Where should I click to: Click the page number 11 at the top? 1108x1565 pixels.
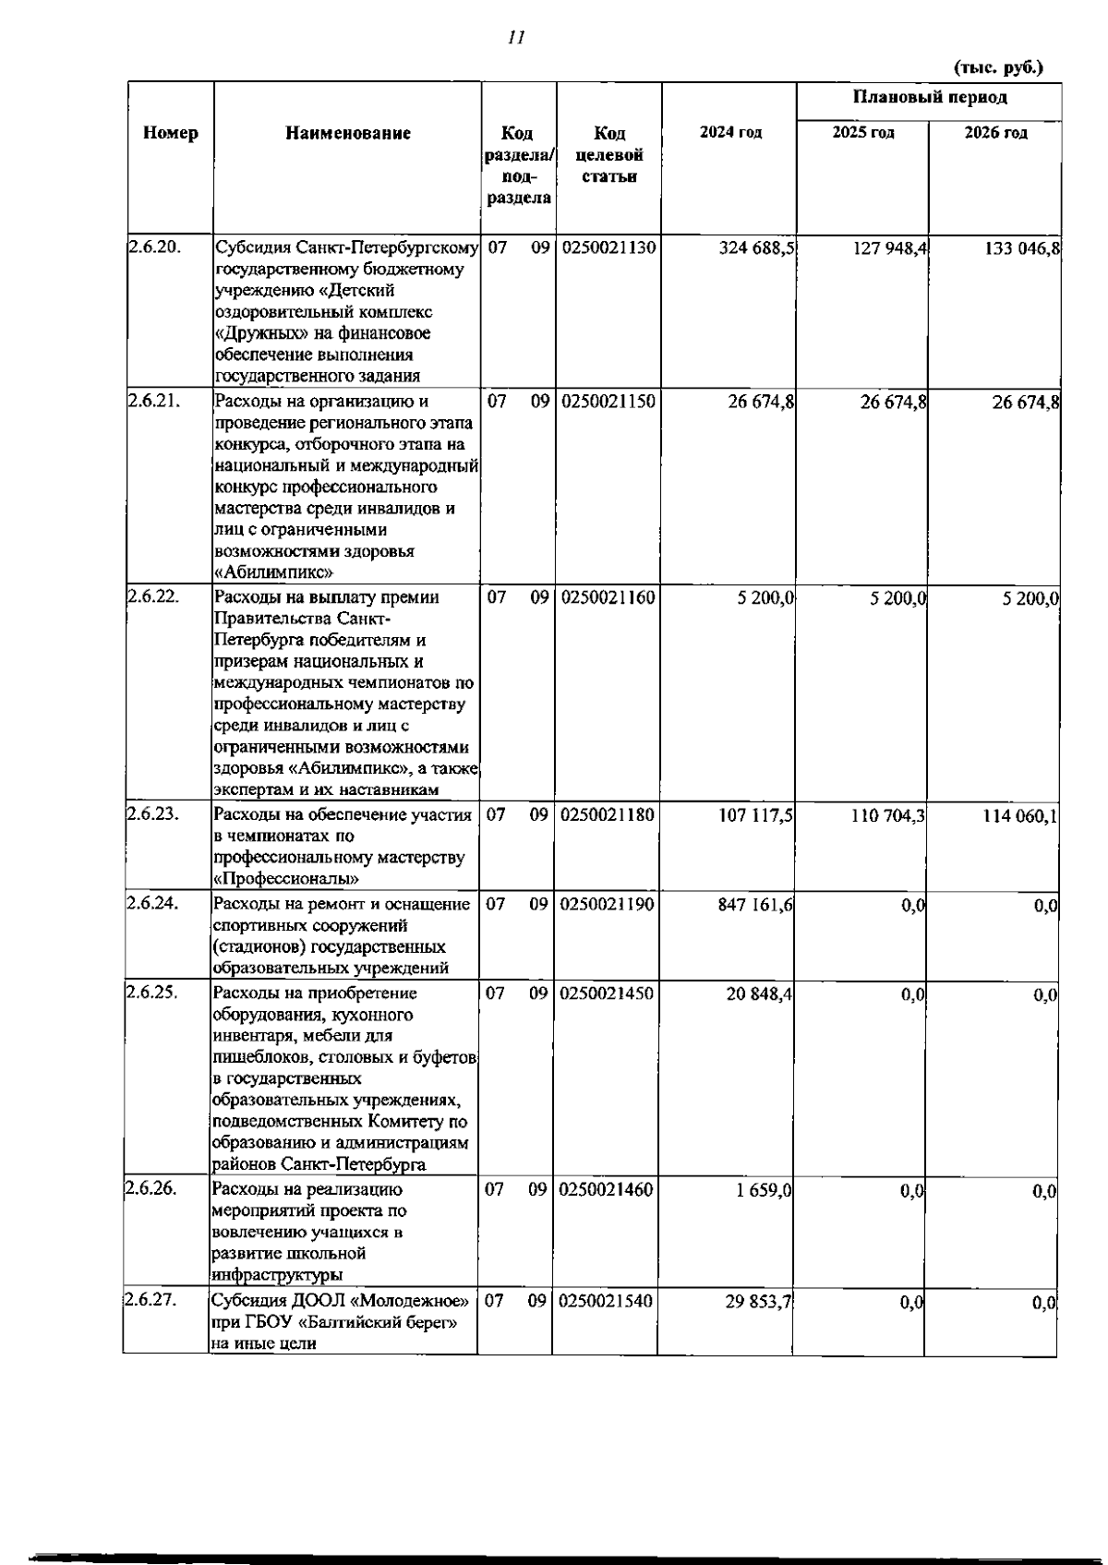tap(515, 38)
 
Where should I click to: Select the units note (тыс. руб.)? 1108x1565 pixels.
tap(997, 67)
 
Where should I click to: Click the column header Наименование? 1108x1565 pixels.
tap(348, 133)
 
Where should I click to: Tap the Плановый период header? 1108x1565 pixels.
tap(929, 97)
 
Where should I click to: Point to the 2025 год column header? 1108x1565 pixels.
tap(863, 133)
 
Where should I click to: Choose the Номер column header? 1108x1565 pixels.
tap(171, 133)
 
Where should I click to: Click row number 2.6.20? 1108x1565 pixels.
tap(153, 247)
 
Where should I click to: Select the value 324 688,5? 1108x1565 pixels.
tap(757, 247)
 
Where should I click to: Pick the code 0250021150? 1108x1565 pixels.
tap(608, 402)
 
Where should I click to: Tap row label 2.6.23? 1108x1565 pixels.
tap(152, 813)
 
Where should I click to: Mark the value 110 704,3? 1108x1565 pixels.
tap(888, 815)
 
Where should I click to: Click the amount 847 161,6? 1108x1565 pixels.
tap(755, 905)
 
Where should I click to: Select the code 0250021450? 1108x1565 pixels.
tap(607, 993)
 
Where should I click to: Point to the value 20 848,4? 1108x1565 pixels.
tap(759, 994)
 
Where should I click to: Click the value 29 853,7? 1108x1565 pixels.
tap(757, 1302)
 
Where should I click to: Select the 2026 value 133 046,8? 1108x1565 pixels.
tap(1020, 247)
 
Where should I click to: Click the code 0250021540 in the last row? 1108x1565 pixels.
tap(606, 1301)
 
